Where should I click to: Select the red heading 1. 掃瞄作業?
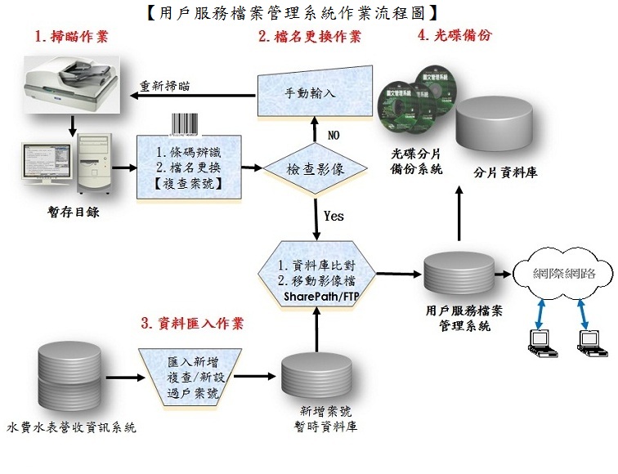[x=71, y=36]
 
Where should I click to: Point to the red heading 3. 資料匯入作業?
[x=193, y=324]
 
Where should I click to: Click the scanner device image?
[x=71, y=82]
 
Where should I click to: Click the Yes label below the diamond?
[x=334, y=217]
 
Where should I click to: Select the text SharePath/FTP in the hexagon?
[x=315, y=295]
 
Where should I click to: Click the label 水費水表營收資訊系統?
[x=72, y=427]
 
